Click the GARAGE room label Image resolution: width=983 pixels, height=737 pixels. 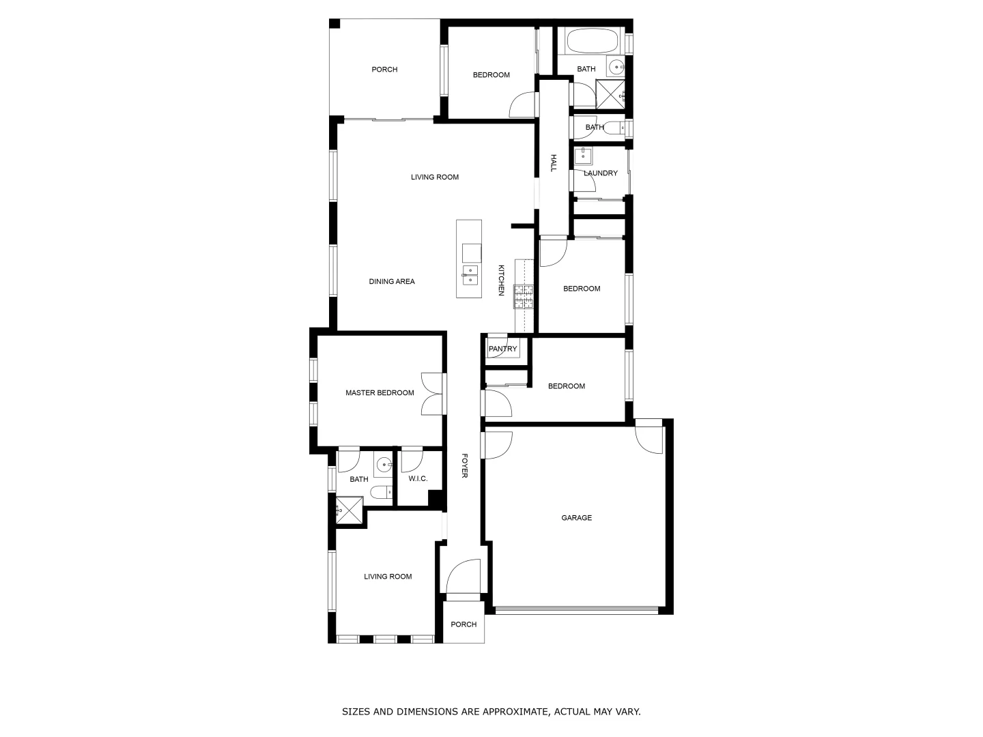coord(576,518)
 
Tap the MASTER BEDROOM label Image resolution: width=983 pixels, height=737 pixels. coord(380,393)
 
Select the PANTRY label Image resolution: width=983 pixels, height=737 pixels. coord(503,349)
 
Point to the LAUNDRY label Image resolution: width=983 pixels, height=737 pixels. coord(601,173)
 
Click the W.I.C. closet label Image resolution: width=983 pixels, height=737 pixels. coord(418,479)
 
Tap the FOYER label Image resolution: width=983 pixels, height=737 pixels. coord(464,465)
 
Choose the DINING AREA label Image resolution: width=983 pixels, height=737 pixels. coord(392,282)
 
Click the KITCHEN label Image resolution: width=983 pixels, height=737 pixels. coord(501,280)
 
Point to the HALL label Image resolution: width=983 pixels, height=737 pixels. coord(554,162)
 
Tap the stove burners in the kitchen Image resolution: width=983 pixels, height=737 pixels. coord(524,296)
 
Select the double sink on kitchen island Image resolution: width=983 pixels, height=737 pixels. coord(470,275)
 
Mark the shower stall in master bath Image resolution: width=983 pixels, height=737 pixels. coord(349,509)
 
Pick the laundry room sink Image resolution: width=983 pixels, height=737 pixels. coord(583,156)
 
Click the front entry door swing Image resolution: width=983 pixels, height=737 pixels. coord(464,577)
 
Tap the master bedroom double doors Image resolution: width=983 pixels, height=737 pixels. coord(433,393)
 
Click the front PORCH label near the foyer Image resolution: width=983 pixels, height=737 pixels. coord(464,624)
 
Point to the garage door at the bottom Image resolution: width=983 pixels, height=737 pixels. coord(577,610)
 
